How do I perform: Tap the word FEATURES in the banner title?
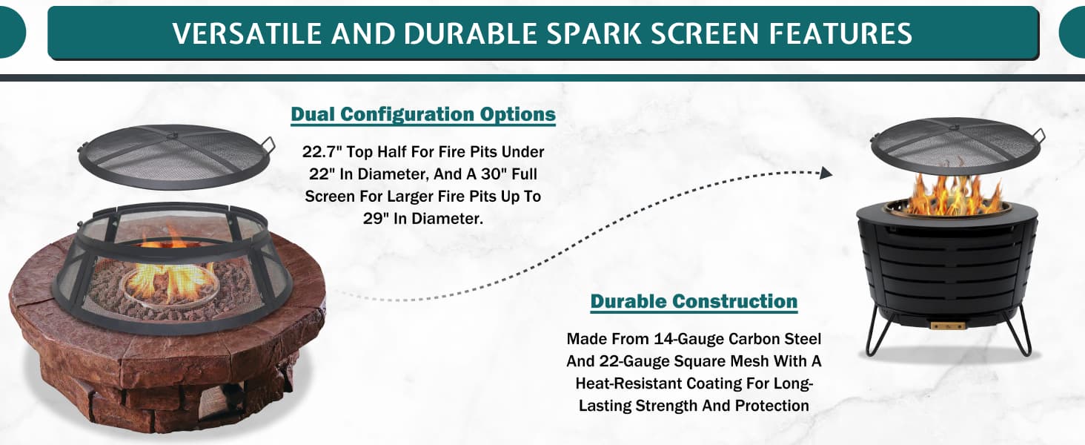(840, 33)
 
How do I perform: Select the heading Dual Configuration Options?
(423, 114)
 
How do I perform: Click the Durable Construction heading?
(694, 301)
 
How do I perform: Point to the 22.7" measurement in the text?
(320, 152)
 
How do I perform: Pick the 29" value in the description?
(376, 219)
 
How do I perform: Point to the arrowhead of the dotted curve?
(826, 173)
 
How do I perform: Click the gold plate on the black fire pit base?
(947, 326)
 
